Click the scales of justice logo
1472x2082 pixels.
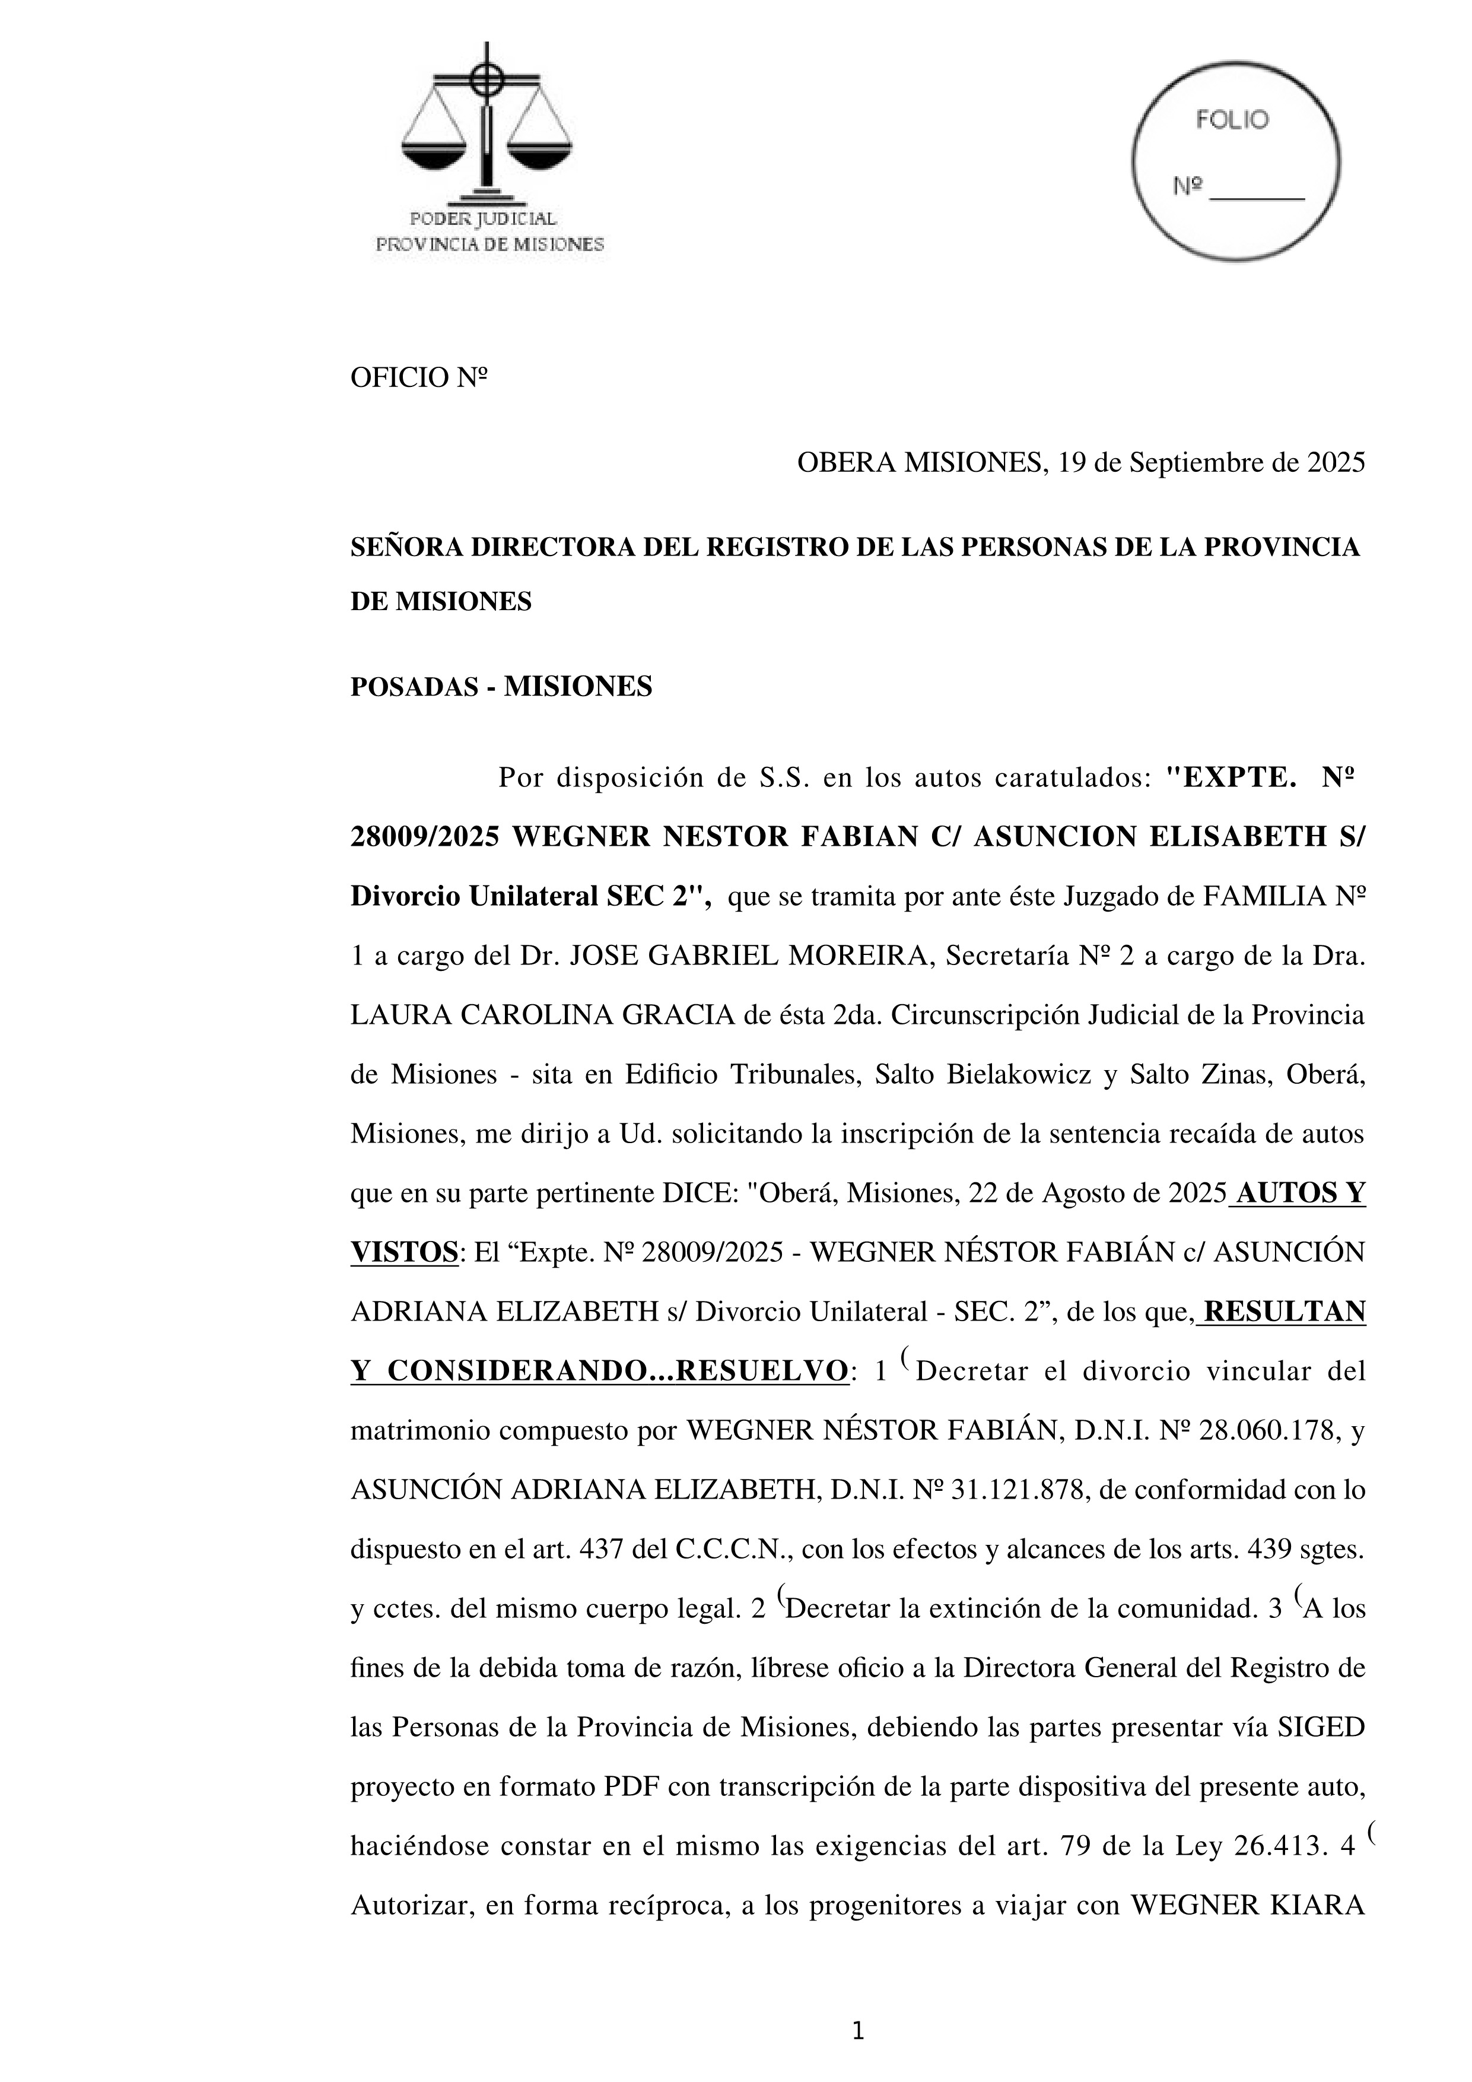[487, 122]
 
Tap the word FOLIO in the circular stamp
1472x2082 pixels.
[1233, 120]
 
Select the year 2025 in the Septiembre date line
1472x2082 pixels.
[1335, 464]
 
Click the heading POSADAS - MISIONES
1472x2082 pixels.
[501, 687]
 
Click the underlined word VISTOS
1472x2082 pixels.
[403, 1253]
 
